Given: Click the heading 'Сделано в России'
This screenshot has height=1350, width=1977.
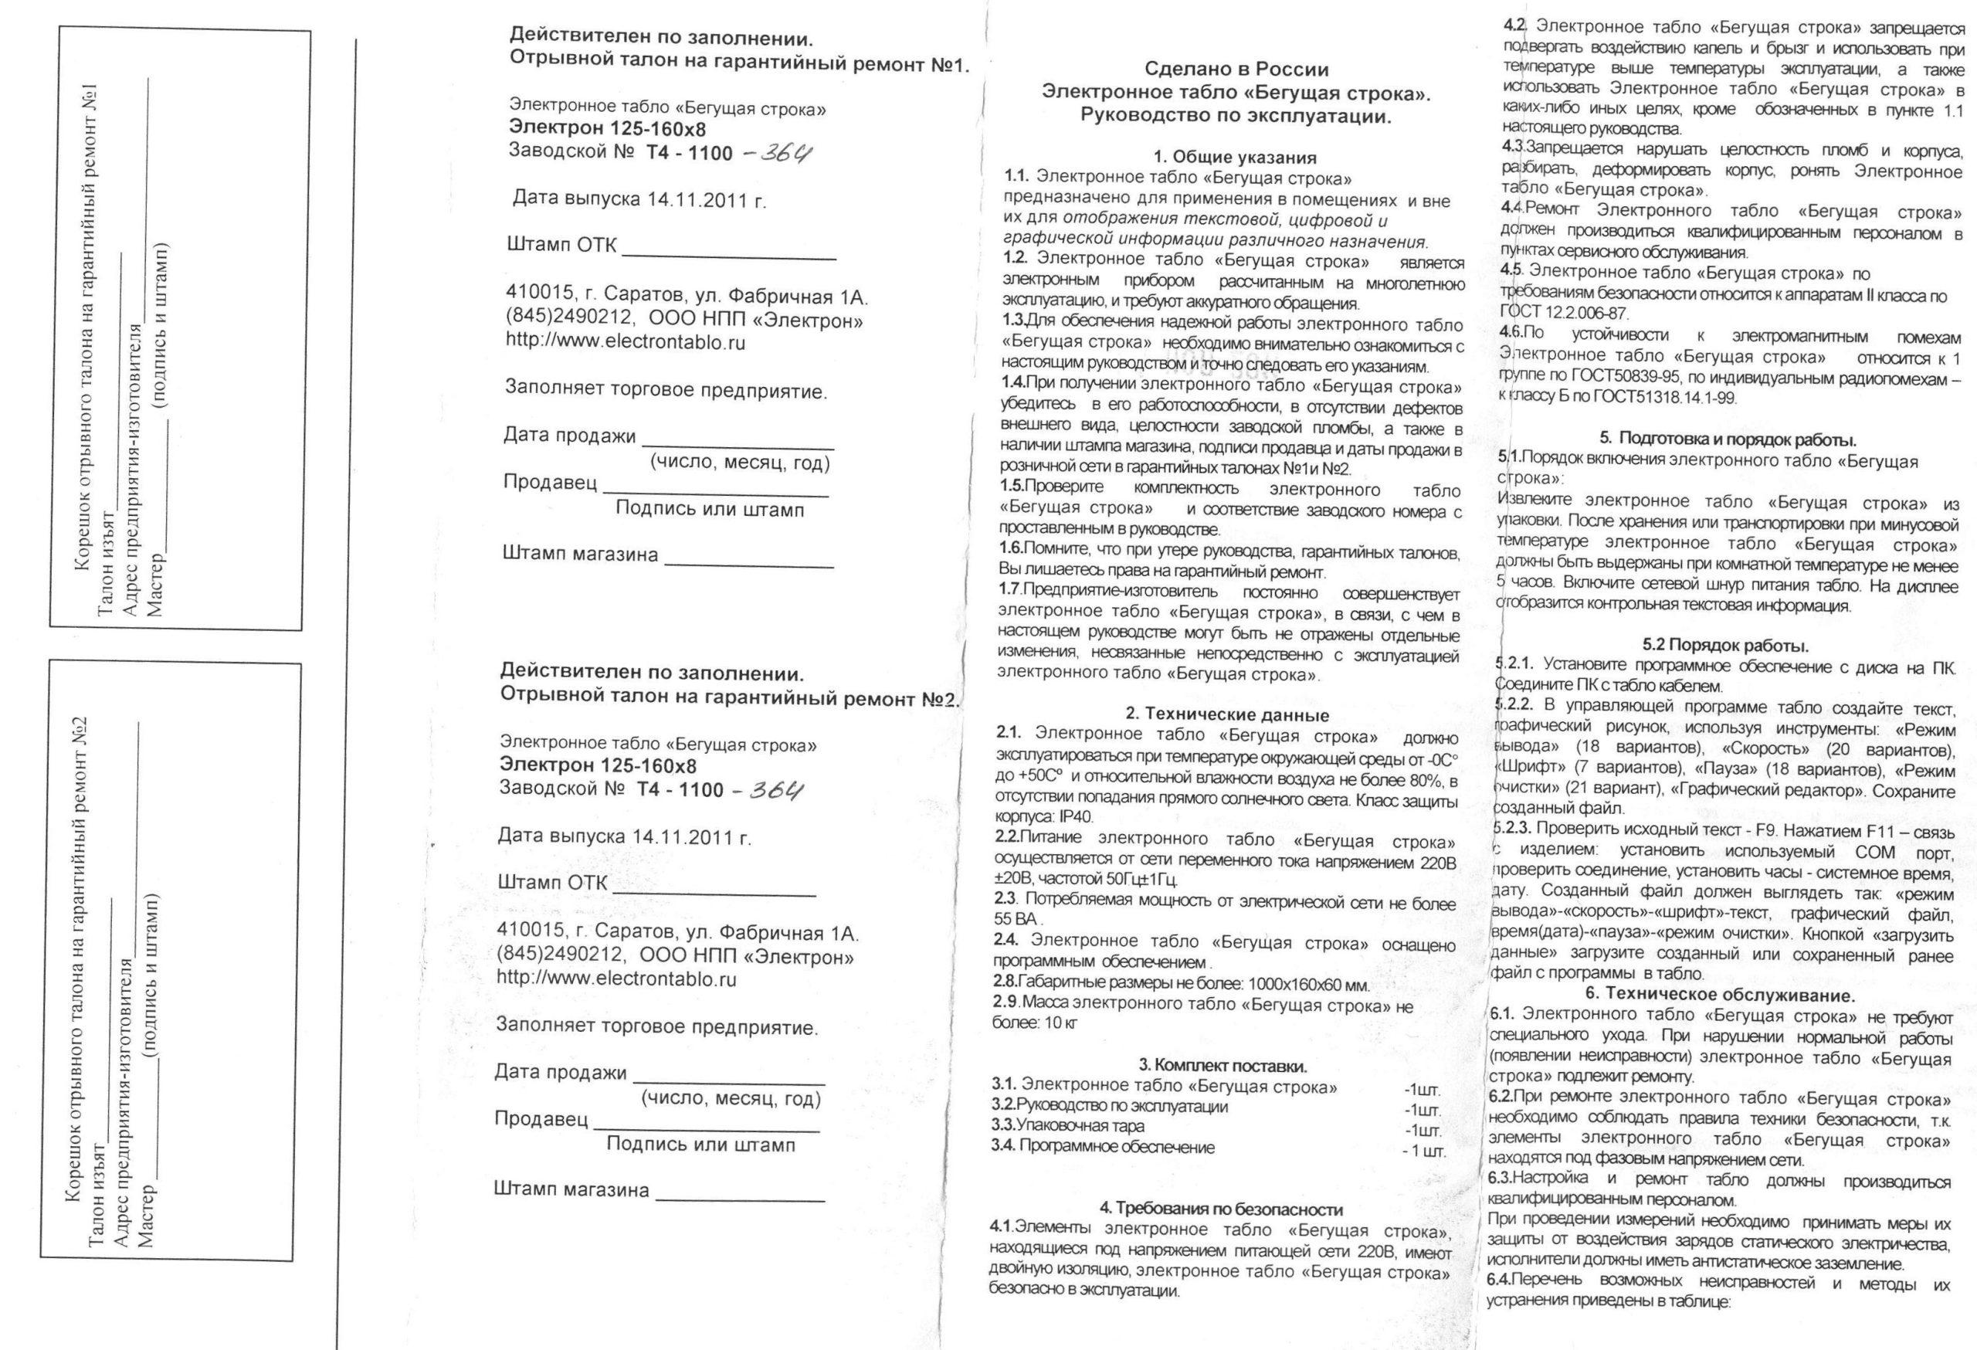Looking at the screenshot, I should coord(1236,70).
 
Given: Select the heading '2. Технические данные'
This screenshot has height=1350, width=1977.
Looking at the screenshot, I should coord(1226,714).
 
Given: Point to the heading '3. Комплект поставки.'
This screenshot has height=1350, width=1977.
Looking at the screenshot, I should coord(1222,1065).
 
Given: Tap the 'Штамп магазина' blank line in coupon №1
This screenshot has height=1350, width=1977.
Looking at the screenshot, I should coord(748,565).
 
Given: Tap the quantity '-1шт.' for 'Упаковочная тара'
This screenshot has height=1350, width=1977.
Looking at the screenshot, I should coord(1423,1131).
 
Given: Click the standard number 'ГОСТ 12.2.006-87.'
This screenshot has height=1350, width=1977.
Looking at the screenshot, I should coord(1562,312).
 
